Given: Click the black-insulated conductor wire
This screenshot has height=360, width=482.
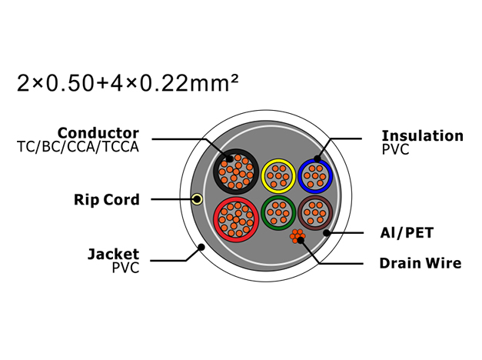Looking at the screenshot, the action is [236, 172].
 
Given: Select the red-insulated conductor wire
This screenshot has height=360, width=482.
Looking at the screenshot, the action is [236, 219].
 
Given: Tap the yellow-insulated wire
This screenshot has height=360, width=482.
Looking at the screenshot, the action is [278, 176].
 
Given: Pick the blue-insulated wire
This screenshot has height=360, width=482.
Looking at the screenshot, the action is [315, 176].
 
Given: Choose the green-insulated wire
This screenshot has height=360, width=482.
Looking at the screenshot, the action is [278, 212].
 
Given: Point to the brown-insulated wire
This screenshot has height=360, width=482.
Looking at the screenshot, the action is [315, 212].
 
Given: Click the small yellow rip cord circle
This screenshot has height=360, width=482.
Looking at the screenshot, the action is [197, 199].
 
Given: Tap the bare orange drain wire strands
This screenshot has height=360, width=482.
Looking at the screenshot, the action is [297, 236].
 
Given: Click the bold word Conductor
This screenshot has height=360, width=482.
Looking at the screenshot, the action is [98, 133].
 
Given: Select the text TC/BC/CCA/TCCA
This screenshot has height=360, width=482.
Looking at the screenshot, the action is [78, 147].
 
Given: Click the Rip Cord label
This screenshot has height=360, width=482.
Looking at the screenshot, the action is [107, 200].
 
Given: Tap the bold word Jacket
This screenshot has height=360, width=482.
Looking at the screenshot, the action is [114, 254].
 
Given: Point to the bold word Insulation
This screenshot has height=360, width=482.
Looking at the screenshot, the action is [422, 135].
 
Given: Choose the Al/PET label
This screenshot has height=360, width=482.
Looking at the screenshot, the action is [407, 232].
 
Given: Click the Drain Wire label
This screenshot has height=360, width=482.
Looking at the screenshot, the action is [421, 263].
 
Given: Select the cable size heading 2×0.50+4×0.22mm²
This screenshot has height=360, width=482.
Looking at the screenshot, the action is [128, 83].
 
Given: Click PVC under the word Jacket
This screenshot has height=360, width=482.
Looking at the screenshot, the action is [126, 268].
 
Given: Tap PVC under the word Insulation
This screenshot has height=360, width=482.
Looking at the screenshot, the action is [395, 149].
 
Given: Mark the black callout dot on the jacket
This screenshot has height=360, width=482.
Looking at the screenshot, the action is [201, 247].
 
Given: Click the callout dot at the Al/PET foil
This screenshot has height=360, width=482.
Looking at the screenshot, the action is [327, 233].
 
